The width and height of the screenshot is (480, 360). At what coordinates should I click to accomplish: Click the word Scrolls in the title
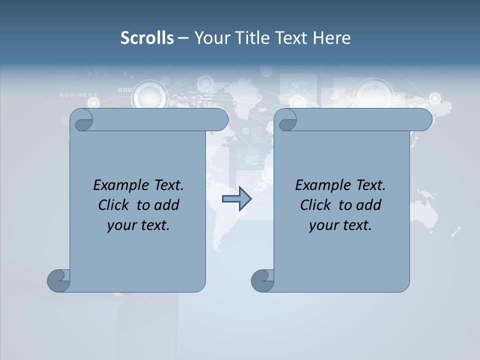pyautogui.click(x=147, y=38)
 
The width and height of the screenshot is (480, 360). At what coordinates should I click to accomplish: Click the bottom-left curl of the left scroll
pyautogui.click(x=58, y=280)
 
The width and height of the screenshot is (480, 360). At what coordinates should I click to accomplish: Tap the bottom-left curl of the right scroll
pyautogui.click(x=262, y=280)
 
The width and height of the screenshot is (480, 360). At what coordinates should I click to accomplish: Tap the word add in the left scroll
pyautogui.click(x=166, y=205)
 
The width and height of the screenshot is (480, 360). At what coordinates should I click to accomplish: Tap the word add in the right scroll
pyautogui.click(x=368, y=205)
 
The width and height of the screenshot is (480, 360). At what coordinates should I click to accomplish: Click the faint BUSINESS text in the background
pyautogui.click(x=78, y=94)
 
